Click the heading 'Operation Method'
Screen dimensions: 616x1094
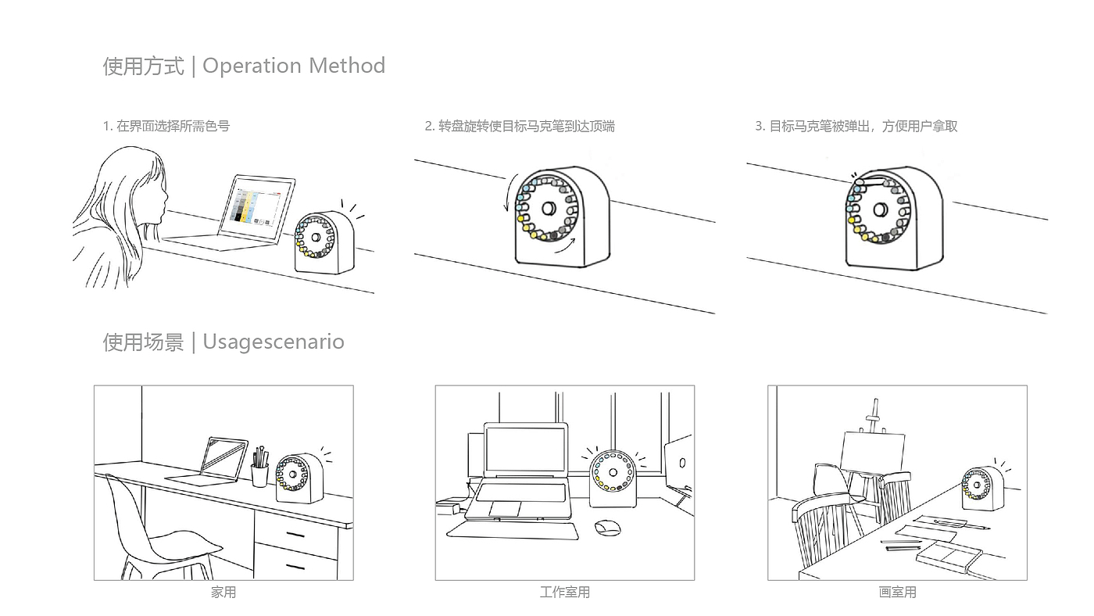click(x=293, y=66)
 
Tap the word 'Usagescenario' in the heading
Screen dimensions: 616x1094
click(x=273, y=342)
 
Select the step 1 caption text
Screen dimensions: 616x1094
click(x=166, y=126)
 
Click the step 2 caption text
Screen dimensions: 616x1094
click(x=520, y=126)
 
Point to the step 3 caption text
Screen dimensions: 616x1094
click(x=856, y=126)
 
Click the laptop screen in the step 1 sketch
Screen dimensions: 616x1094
click(x=256, y=208)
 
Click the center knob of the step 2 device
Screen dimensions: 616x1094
click(x=548, y=209)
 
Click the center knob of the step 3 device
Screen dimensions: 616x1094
click(x=881, y=210)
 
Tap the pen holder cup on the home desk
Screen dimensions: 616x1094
click(x=259, y=474)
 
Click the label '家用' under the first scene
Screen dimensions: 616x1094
click(x=223, y=593)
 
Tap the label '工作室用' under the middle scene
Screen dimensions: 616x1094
click(x=564, y=593)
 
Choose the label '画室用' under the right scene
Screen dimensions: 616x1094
click(x=897, y=593)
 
